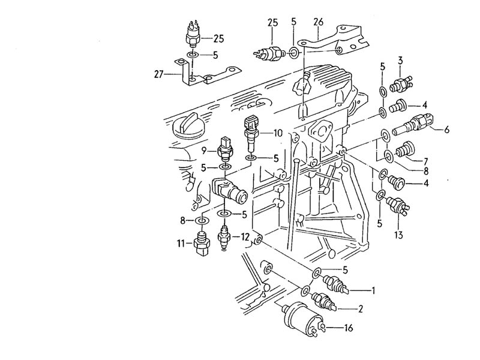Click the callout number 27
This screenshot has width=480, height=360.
[x=158, y=74]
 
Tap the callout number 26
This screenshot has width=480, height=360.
[x=318, y=22]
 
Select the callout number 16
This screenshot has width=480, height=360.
[x=349, y=328]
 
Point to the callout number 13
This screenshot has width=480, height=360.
[x=398, y=235]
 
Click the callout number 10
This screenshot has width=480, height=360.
[x=278, y=133]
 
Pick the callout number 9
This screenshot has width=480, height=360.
[x=205, y=151]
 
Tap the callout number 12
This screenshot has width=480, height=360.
[x=245, y=237]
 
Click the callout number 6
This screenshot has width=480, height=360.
[x=446, y=130]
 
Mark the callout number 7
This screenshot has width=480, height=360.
[x=425, y=161]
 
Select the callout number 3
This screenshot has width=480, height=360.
[x=400, y=61]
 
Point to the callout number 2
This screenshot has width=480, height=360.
[x=360, y=309]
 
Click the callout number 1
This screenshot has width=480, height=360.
[x=373, y=290]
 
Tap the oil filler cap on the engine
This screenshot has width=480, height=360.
[x=187, y=125]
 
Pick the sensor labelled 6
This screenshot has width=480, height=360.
[x=412, y=124]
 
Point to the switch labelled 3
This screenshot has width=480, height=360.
[x=401, y=83]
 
